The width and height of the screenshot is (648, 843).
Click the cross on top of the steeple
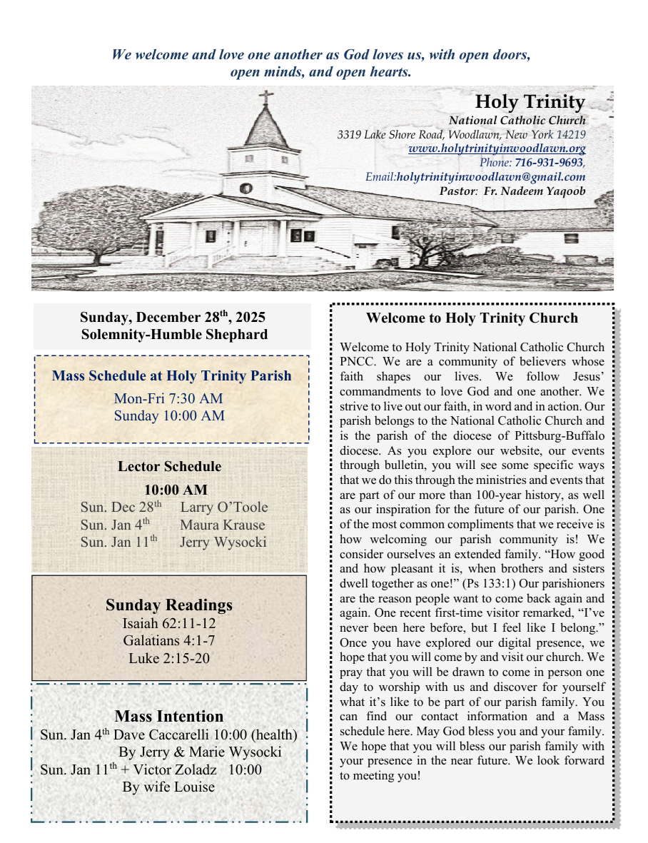click(266, 98)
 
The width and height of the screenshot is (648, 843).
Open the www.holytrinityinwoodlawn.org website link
click(497, 148)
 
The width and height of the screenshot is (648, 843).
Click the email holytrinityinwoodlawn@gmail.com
click(491, 176)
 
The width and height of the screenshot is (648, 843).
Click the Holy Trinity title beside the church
click(530, 102)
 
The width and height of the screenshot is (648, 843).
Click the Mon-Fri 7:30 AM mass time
click(168, 398)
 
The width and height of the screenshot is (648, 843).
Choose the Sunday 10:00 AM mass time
click(169, 415)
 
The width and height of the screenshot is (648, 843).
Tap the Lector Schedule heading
click(169, 467)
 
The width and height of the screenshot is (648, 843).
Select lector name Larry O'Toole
click(224, 508)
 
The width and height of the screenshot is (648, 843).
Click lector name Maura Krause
click(222, 525)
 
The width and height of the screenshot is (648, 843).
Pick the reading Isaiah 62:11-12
click(169, 623)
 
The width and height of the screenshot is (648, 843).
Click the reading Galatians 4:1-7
click(169, 640)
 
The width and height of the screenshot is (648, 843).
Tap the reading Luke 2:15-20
click(169, 658)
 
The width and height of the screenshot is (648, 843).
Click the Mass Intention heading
click(169, 717)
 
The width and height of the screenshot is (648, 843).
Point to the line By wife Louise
click(168, 787)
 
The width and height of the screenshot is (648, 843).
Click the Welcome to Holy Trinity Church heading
click(472, 318)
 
